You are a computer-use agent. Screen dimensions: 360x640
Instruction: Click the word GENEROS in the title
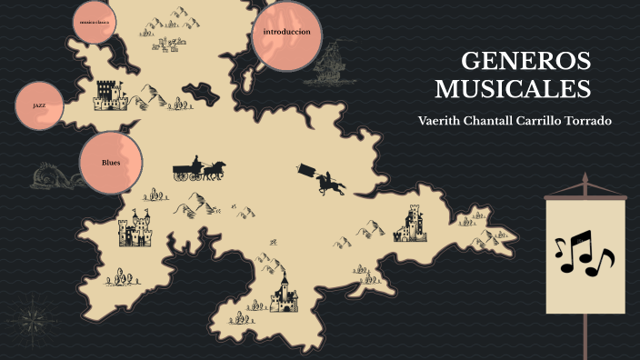tap(525, 62)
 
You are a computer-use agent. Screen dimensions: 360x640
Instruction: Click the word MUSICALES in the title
tap(513, 89)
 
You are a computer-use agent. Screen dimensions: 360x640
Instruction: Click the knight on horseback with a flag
tap(325, 180)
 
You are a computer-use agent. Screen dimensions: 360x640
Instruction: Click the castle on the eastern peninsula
tap(410, 224)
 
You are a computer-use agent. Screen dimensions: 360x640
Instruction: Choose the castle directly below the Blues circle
tap(135, 229)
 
